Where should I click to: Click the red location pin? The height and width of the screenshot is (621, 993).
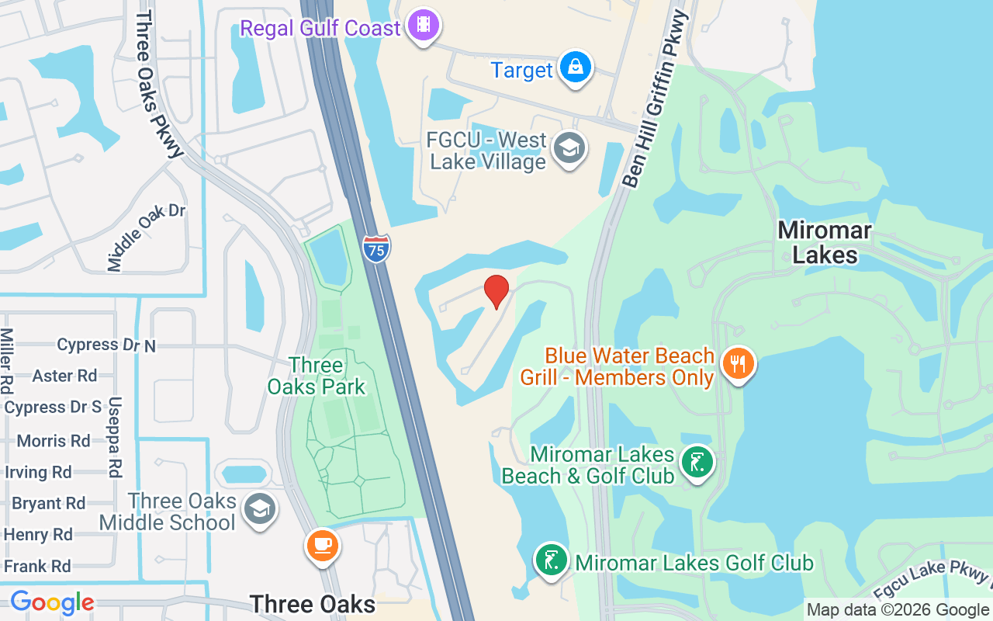tap(496, 291)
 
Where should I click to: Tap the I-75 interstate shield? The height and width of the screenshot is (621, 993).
tap(376, 248)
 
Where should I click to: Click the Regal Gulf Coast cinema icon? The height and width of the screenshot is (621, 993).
tap(423, 25)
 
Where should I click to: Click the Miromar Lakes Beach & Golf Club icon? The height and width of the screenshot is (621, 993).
tap(696, 462)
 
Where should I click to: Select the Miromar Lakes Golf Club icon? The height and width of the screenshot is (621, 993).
tap(551, 560)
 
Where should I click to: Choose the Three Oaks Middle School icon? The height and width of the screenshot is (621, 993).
tap(258, 509)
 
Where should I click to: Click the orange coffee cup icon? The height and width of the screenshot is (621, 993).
tap(322, 544)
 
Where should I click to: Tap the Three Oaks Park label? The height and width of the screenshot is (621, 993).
tap(317, 376)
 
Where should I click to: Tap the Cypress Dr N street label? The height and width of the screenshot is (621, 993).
tap(106, 345)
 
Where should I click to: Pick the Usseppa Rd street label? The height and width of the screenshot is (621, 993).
tap(115, 437)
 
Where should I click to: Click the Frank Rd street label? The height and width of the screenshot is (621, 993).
tap(37, 566)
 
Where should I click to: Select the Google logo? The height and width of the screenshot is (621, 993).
tap(52, 602)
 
